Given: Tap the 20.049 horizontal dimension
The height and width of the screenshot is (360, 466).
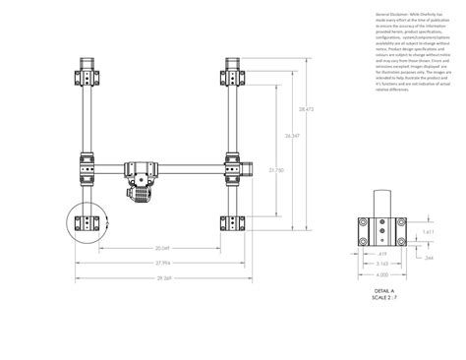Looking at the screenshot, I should point(163,248).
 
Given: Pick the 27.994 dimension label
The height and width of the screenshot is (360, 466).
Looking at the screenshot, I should point(163,263).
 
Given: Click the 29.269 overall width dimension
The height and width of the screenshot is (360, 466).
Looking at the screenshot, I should point(163,278).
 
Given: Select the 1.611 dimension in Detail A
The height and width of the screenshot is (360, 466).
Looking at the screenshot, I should point(429,232).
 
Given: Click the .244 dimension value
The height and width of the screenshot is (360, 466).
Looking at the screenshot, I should point(429,257).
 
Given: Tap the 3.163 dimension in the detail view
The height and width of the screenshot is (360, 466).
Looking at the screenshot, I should point(381,264).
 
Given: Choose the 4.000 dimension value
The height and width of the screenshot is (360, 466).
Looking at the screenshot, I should point(381,274).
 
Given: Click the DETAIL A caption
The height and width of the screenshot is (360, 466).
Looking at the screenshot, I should point(383,291).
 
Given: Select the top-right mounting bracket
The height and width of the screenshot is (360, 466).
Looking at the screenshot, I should point(234,76).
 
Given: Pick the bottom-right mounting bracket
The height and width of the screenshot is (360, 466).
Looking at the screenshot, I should point(234,223).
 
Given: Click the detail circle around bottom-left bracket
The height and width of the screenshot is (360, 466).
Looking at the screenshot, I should point(87,224).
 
